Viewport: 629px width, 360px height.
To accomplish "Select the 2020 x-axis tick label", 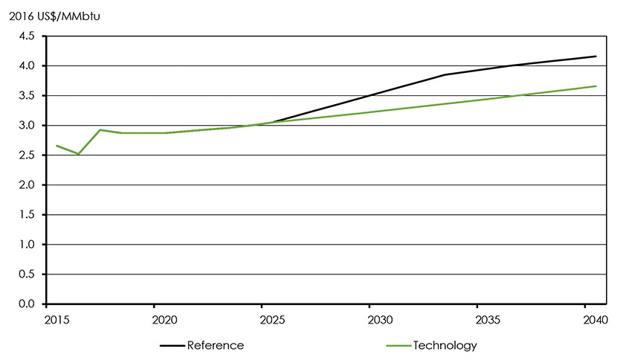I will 164,321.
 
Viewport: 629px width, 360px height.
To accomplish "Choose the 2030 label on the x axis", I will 380,321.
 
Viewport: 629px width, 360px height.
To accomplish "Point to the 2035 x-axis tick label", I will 488,321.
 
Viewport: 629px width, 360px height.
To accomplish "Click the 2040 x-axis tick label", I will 596,321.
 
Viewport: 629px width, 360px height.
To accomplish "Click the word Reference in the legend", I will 215,345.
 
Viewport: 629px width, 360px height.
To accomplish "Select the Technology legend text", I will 445,345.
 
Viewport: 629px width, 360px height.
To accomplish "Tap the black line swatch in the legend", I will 171,346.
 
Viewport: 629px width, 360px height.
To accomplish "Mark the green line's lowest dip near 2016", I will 78,154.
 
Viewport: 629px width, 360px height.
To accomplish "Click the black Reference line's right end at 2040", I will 596,57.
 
